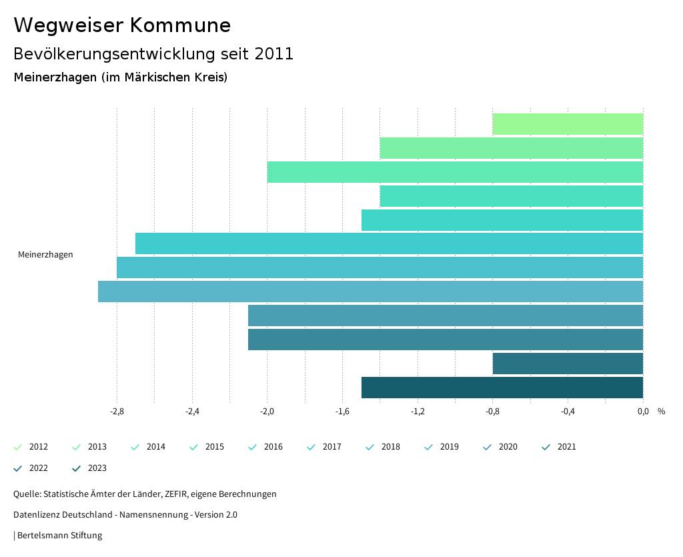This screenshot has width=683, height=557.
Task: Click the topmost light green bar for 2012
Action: (x=568, y=124)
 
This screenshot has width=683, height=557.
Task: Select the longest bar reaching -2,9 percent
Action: (x=370, y=292)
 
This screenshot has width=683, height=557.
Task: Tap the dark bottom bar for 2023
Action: (x=502, y=388)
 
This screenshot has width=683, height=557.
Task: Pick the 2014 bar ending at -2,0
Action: (x=455, y=172)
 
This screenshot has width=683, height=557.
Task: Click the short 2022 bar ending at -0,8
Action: (x=568, y=364)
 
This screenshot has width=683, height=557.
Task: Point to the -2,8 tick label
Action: (x=117, y=411)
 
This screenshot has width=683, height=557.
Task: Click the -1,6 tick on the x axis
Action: (x=342, y=411)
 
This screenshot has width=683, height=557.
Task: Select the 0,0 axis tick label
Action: (x=643, y=411)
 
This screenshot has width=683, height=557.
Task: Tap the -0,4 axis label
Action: (x=568, y=411)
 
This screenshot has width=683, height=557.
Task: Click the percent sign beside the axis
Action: (x=661, y=411)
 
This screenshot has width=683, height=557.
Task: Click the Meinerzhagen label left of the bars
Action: (x=45, y=254)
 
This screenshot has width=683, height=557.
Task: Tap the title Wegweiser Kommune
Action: (x=122, y=25)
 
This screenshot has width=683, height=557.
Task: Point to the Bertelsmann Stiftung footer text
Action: (x=59, y=535)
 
